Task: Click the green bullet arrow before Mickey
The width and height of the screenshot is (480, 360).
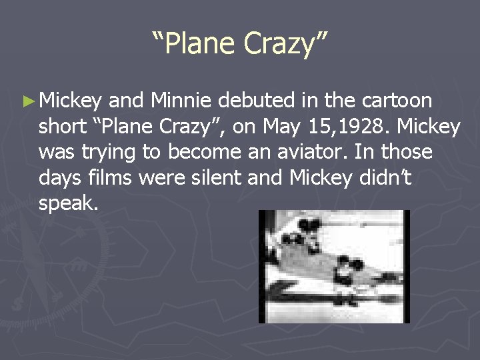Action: point(27,101)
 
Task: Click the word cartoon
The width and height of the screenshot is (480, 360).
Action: point(397,101)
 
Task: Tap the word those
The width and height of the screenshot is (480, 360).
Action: point(405,153)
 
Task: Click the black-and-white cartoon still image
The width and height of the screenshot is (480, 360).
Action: point(334,266)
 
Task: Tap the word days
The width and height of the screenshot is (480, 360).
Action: point(59,178)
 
